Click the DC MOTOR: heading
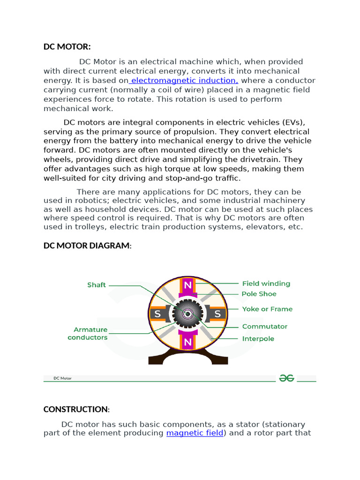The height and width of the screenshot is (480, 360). (67, 47)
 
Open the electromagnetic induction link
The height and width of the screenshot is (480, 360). (184, 81)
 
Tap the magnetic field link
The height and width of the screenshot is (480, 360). (195, 433)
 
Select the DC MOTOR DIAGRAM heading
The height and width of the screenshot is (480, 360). (87, 246)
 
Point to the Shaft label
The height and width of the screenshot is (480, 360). (97, 285)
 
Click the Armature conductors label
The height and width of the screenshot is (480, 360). (88, 333)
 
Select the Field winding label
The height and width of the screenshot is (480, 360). (266, 284)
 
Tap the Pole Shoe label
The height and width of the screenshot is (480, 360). (259, 294)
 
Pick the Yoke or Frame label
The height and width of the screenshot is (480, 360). (267, 309)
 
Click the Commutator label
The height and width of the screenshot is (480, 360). (264, 326)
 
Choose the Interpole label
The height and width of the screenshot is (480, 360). (258, 338)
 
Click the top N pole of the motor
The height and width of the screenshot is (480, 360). (188, 285)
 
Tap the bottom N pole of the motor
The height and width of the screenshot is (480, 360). (188, 342)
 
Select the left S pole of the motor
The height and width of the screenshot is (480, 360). (158, 314)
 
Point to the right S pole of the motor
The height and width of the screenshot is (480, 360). (217, 314)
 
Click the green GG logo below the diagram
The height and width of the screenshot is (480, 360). (286, 378)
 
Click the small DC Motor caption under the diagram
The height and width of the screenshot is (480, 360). (62, 378)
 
